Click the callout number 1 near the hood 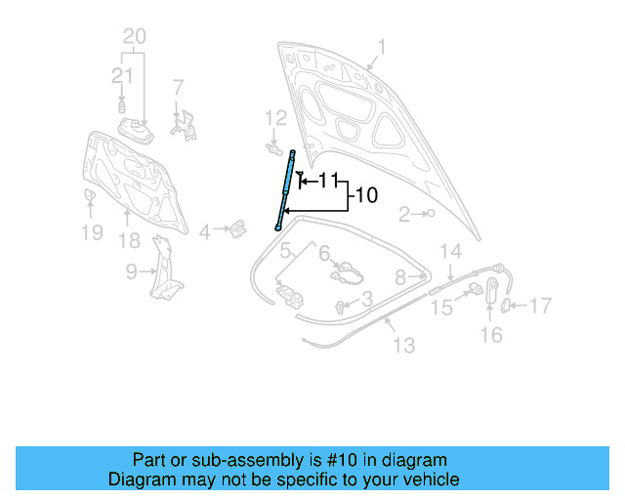382,46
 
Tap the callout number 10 365,195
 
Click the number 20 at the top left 134,37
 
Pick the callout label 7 177,87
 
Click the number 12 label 276,117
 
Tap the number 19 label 91,232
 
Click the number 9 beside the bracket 131,272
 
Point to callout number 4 204,231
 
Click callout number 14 449,251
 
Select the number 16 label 490,335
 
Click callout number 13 403,345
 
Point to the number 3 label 365,299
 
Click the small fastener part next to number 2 430,213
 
